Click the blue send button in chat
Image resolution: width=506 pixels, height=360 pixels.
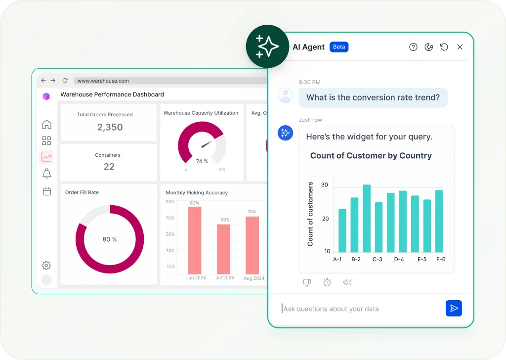(453, 308)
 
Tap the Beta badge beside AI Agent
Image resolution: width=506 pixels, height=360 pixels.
(339, 47)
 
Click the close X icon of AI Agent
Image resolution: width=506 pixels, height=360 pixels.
(460, 47)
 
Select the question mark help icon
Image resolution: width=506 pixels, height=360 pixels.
(413, 47)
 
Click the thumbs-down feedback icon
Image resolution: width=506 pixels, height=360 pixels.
(306, 282)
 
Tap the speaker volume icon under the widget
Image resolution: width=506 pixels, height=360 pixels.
(347, 282)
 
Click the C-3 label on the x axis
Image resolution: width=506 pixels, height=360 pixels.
(378, 259)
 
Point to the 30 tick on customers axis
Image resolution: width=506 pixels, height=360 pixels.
(324, 185)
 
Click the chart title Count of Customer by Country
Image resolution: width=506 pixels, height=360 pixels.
(371, 156)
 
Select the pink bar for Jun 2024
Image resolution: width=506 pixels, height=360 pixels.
(195, 240)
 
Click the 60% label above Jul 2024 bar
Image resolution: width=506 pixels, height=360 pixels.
(225, 220)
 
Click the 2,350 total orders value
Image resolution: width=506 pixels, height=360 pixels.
(110, 127)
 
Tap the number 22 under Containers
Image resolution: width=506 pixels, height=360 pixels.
(109, 167)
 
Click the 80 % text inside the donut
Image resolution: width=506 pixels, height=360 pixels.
(110, 239)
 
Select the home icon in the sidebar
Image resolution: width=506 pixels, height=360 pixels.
(46, 124)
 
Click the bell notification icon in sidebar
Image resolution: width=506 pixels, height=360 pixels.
(46, 174)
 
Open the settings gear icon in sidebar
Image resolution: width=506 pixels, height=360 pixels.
(46, 266)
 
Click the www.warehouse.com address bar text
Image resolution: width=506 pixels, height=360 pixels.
(103, 81)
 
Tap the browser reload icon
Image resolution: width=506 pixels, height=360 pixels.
(65, 81)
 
